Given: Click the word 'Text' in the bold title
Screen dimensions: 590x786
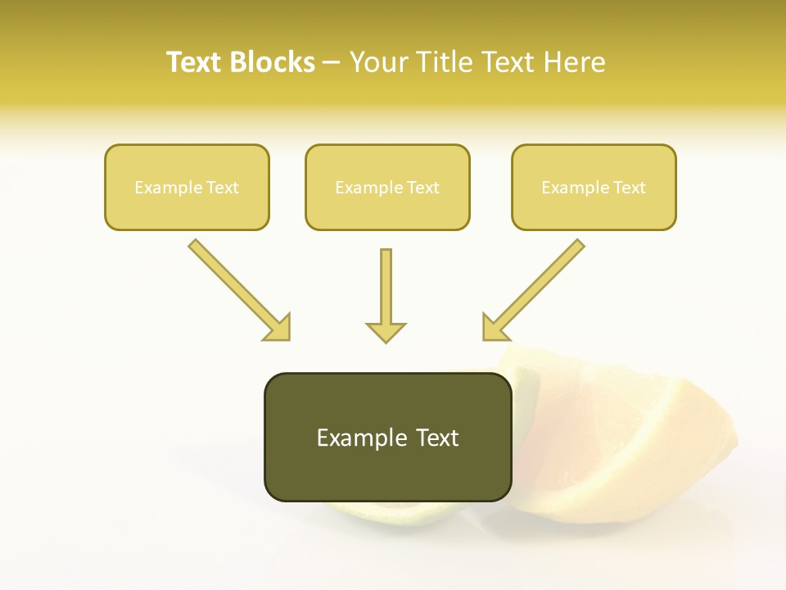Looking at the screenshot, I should (196, 62).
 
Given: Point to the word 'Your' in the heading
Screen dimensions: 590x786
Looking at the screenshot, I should (377, 62).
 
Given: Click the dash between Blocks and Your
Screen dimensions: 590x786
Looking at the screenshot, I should (332, 63).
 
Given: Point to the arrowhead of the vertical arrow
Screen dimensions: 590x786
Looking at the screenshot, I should (386, 333).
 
